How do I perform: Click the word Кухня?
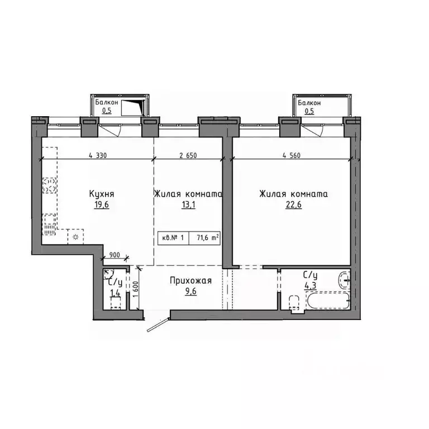(x=102, y=194)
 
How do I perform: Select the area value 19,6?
(x=101, y=204)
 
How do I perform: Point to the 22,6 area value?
(x=293, y=204)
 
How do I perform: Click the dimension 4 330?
(x=98, y=156)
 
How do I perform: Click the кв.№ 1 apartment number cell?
(x=173, y=237)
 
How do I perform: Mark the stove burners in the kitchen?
(x=49, y=185)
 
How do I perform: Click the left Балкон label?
(x=106, y=103)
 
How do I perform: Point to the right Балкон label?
(x=309, y=103)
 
